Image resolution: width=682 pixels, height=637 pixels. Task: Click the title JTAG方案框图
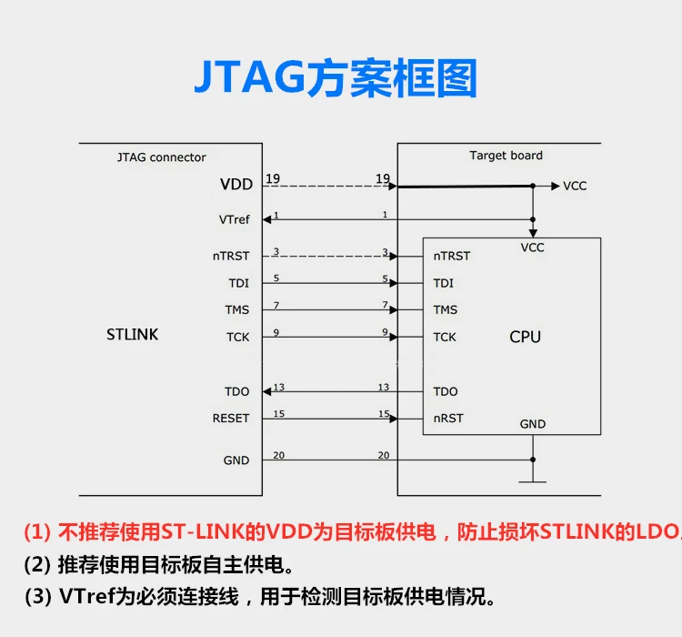point(336,79)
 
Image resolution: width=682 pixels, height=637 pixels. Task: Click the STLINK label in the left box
point(132,335)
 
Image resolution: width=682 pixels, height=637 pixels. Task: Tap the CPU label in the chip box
point(525,337)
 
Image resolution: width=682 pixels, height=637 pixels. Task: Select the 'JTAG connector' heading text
point(162,157)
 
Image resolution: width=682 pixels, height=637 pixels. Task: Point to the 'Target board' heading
point(506,156)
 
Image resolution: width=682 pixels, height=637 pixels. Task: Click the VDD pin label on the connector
point(236,185)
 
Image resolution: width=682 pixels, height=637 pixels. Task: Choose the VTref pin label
point(234,219)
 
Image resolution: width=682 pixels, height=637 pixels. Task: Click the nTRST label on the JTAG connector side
point(231,256)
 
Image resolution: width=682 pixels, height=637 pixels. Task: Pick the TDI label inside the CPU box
point(443,283)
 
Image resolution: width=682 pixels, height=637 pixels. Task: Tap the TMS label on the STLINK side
point(236,310)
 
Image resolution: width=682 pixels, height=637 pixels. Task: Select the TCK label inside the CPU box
point(445,337)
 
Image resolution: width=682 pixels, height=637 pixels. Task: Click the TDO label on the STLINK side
point(236,391)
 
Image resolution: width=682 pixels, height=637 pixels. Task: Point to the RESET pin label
point(230,419)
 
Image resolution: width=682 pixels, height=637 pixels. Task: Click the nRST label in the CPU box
point(448,419)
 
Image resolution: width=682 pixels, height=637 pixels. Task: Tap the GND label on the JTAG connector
point(236,460)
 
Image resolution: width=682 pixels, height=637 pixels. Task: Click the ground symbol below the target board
point(532,480)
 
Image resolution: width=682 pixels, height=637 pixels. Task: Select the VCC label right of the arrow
point(575,186)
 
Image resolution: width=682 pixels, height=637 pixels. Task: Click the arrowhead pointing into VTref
point(268,219)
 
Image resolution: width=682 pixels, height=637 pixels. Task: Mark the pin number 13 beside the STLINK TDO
point(278,388)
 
